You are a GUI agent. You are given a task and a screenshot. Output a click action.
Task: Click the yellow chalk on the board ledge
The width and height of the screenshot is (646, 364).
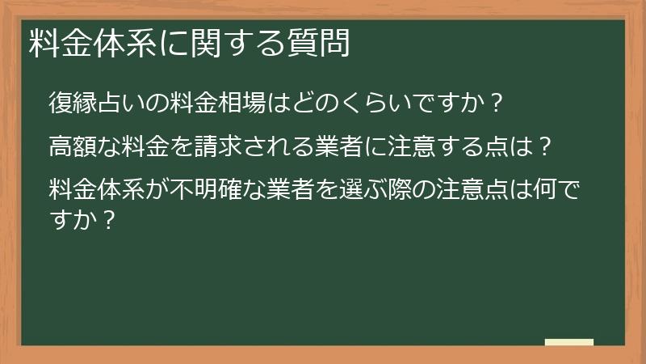pyautogui.click(x=568, y=342)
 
